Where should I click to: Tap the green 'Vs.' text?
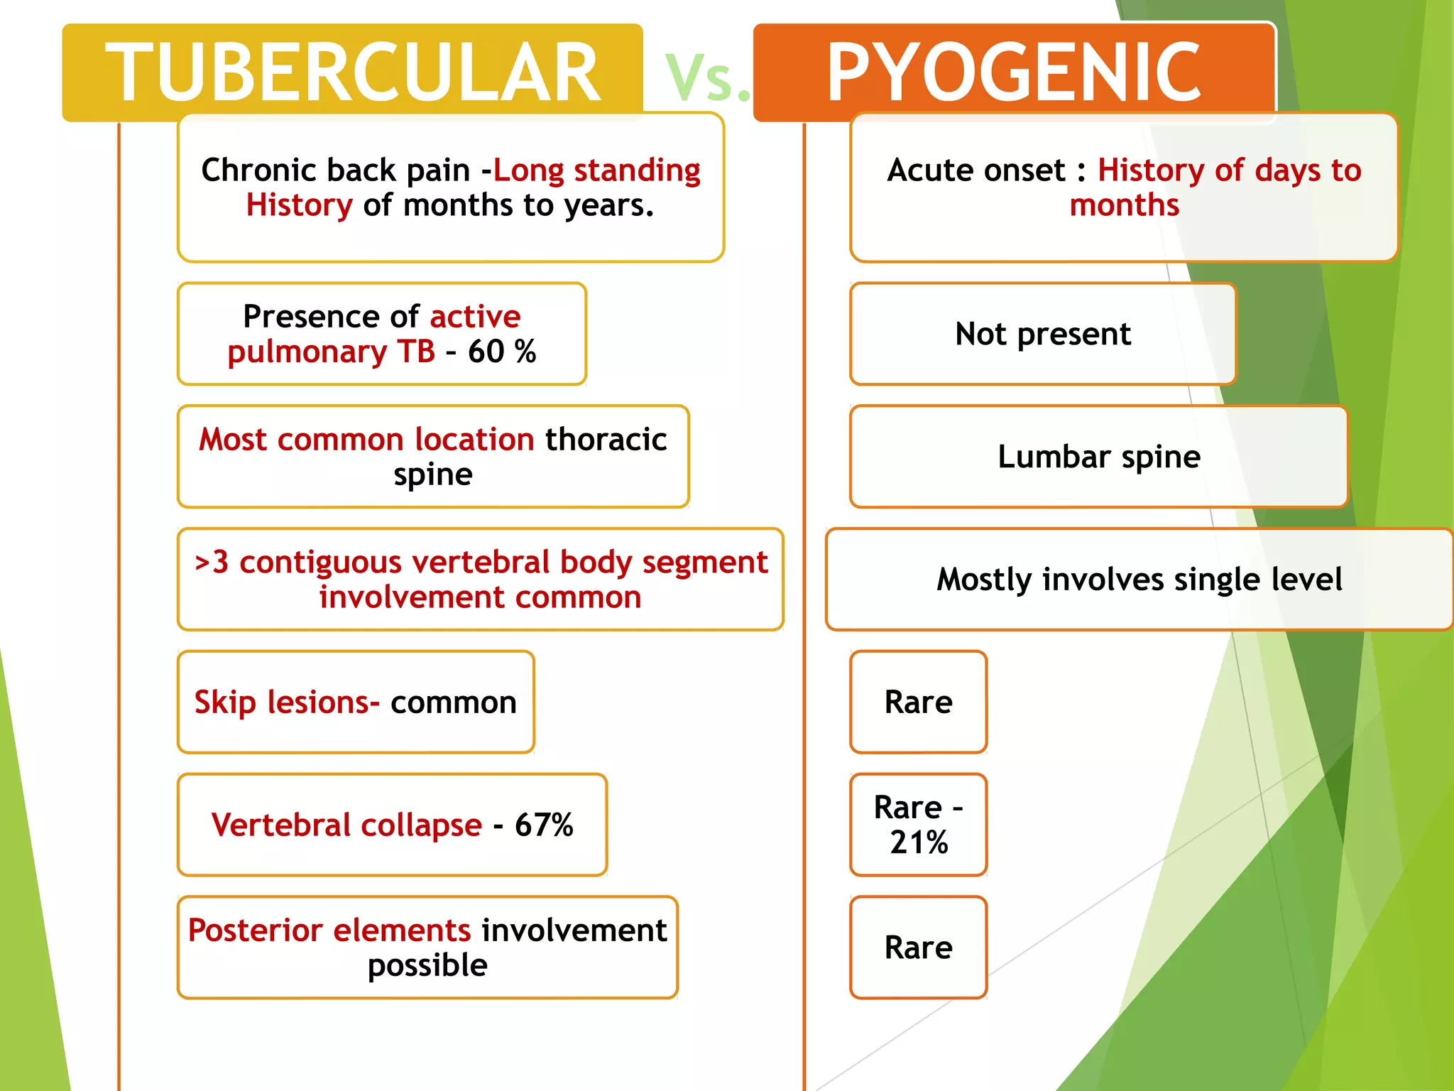point(707,78)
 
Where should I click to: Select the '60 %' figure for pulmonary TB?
point(501,352)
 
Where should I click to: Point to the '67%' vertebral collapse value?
point(544,825)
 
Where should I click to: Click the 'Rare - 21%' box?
point(918,825)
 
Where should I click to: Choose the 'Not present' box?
point(1042,334)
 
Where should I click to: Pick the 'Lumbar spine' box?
point(1098,457)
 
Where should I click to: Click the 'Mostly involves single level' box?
point(1139,580)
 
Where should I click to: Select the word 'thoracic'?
point(606,440)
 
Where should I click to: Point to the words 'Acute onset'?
point(976,170)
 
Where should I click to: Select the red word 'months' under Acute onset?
point(1124,205)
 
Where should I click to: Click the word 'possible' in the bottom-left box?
point(427,965)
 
